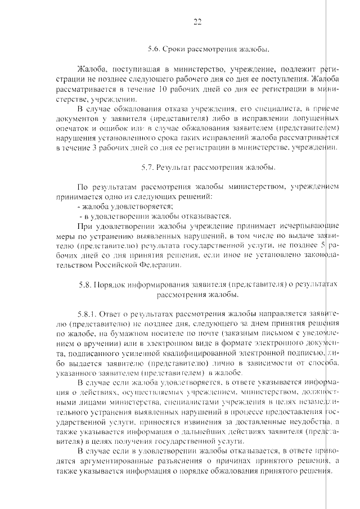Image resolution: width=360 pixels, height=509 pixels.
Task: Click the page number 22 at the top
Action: pos(197,22)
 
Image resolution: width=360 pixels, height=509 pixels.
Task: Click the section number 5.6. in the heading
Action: pos(155,49)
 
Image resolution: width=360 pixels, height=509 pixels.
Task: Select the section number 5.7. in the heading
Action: pos(148,167)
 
